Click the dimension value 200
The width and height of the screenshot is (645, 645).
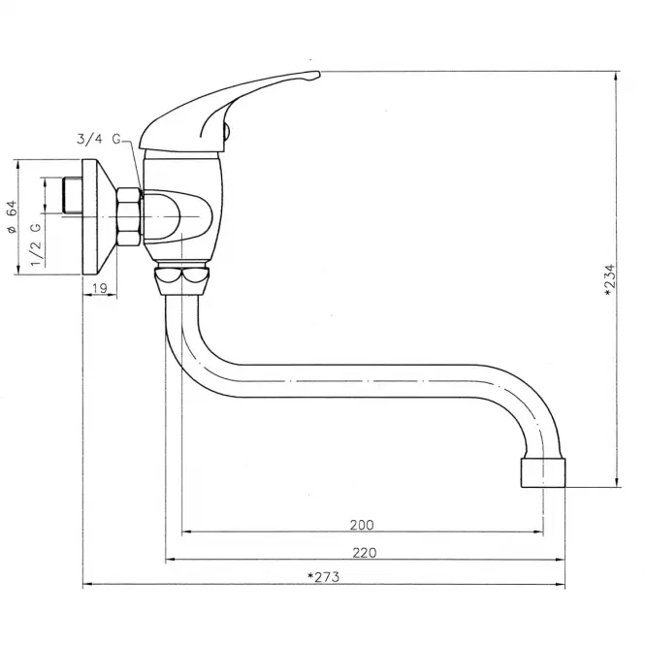[362, 525]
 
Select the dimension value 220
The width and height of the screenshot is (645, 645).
[365, 553]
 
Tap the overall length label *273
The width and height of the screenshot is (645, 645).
[324, 577]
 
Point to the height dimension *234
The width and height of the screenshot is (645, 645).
[611, 280]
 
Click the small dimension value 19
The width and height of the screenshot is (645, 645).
[100, 288]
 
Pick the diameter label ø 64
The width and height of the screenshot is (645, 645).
[11, 217]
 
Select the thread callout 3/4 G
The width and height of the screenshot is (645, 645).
[99, 139]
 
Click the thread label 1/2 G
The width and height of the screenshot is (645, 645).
[36, 244]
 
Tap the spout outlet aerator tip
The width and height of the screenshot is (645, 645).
[543, 472]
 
